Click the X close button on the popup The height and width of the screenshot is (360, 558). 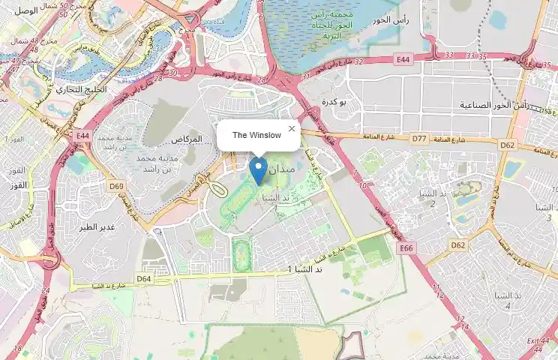point(292,128)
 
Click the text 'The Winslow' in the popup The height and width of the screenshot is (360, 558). point(256,135)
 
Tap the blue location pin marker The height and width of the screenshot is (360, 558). point(258,170)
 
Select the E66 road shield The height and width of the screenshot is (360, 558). point(406,247)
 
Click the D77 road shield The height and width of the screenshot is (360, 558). point(418,139)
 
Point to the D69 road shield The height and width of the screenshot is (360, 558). point(116,186)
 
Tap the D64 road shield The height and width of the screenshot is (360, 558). point(144,278)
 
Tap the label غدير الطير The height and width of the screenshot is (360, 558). point(98,226)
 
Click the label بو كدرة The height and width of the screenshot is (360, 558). point(332,101)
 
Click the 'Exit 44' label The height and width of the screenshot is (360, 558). point(537,342)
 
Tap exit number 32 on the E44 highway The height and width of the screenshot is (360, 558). point(358,62)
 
